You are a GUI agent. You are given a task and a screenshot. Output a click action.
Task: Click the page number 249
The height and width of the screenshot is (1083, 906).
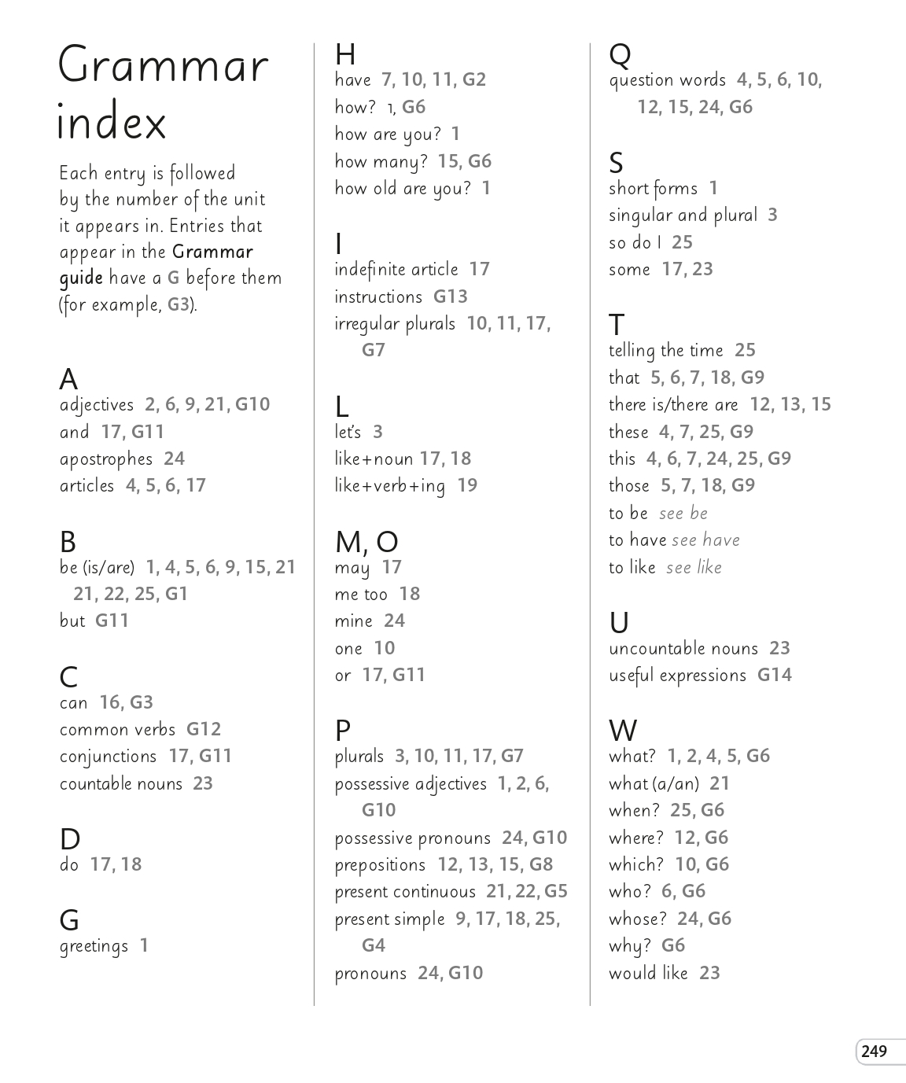pos(874,1052)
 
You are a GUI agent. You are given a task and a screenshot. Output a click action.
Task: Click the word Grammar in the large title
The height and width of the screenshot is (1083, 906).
pos(164,66)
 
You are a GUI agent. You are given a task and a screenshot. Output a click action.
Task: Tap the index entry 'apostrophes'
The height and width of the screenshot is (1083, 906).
pos(106,459)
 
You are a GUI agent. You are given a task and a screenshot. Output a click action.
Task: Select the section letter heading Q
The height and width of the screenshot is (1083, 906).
pos(620,55)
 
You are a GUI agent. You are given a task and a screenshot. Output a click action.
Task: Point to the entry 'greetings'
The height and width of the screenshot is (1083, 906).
pos(94,946)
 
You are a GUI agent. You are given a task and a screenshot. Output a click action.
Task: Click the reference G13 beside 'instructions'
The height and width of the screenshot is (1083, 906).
pos(451,297)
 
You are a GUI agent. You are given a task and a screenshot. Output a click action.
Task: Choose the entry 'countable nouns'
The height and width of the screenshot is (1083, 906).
pos(121,784)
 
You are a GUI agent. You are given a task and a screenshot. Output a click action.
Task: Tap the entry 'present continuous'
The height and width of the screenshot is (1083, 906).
pos(405,892)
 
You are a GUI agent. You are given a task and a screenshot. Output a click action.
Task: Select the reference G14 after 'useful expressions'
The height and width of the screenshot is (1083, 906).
pos(775,676)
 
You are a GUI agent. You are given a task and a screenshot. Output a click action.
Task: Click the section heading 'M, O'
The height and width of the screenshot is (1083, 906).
pos(366,542)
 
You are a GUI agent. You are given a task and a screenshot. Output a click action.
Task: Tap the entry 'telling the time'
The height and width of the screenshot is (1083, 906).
pos(665,351)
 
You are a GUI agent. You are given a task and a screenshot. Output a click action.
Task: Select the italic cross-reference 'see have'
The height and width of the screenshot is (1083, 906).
pos(705,540)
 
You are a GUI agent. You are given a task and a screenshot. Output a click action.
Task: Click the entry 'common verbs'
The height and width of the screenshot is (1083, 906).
pos(117,730)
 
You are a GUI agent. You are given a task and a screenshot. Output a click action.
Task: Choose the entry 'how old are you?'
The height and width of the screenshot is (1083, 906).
pos(403,189)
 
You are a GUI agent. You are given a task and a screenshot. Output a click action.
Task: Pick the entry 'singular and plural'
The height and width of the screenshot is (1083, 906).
pos(683,215)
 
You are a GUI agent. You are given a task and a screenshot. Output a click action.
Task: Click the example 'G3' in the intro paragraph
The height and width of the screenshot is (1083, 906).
pos(179,305)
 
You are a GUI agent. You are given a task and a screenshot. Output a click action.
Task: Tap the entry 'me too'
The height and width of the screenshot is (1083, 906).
pos(361,595)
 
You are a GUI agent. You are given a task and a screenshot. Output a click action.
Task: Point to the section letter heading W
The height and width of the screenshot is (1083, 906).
pos(623,731)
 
